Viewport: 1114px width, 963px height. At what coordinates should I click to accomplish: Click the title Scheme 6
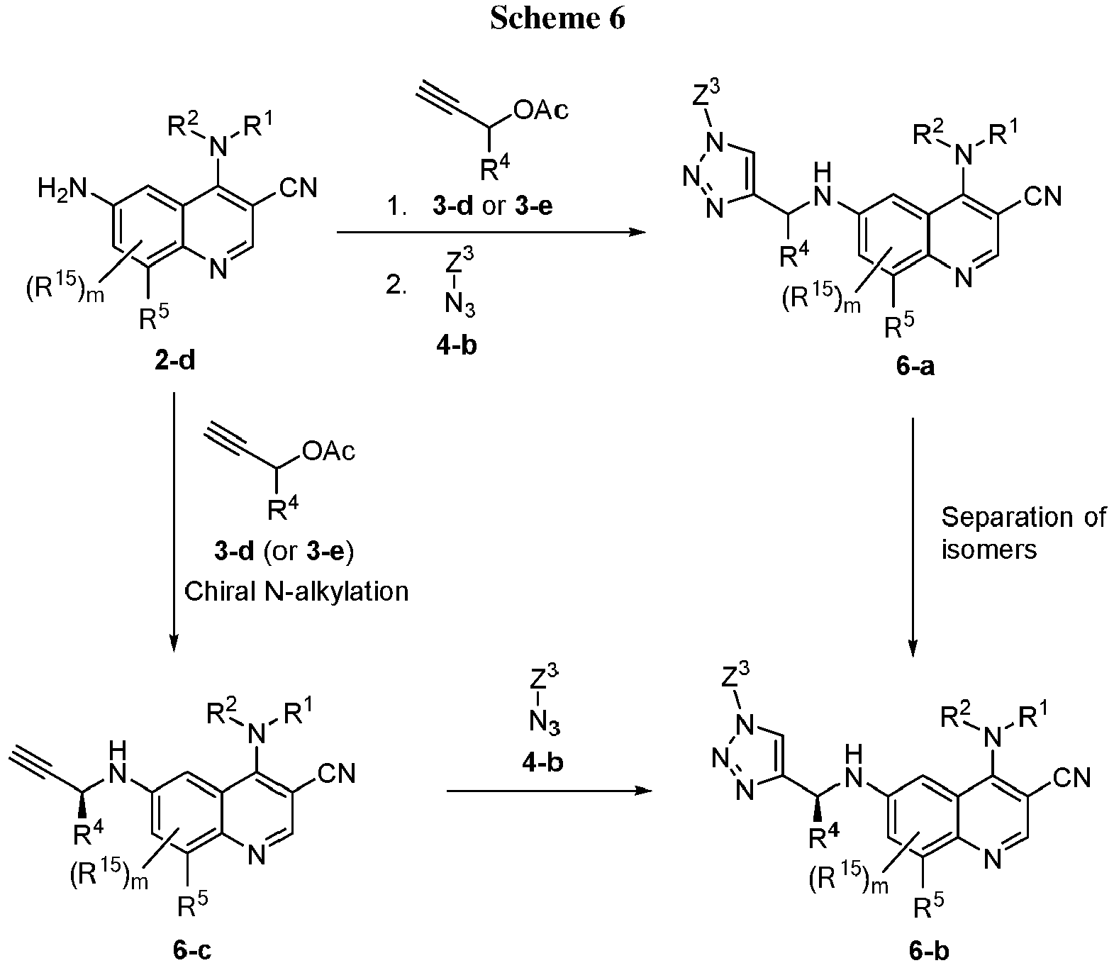(557, 18)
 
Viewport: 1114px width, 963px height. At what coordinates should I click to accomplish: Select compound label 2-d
(175, 360)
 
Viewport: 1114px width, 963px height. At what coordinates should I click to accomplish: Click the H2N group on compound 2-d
(62, 189)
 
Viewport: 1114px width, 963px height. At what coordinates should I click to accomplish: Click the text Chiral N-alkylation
(296, 591)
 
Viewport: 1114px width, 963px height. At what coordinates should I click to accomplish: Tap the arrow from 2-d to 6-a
(491, 233)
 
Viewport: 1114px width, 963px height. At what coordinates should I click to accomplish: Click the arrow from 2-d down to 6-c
(174, 522)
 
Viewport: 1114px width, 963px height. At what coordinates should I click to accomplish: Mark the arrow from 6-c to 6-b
(549, 791)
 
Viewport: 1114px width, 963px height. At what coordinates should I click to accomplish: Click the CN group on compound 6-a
(1043, 196)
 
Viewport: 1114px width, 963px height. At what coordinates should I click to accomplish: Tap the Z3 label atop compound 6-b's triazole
(735, 674)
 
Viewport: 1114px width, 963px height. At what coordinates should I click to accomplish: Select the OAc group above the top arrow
(541, 110)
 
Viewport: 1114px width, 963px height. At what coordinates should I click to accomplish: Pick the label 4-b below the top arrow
(457, 345)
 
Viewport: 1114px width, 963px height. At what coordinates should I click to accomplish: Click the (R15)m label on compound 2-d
(65, 289)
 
